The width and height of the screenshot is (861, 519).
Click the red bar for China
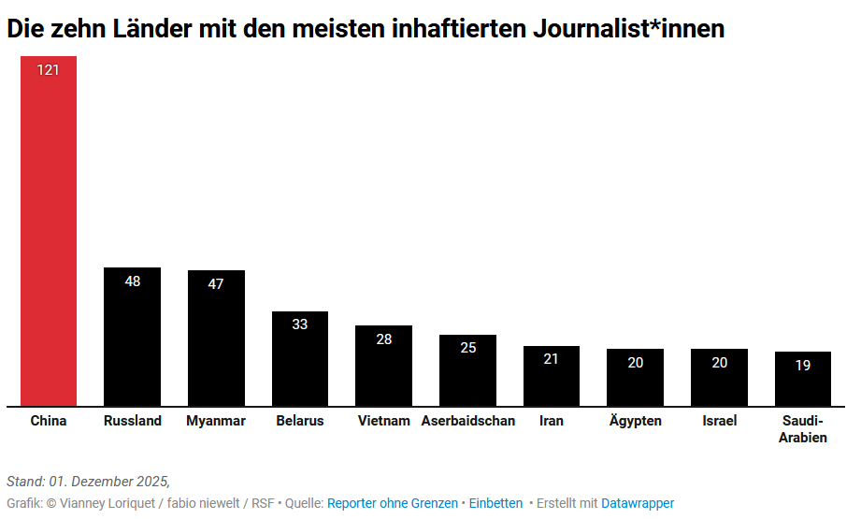pos(49,234)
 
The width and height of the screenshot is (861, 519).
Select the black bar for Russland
pos(132,341)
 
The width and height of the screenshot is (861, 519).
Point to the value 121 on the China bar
pos(49,70)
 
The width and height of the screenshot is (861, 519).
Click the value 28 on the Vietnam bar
pos(383,339)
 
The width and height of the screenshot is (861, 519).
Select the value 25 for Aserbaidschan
pos(467,348)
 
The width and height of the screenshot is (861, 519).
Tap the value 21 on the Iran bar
pos(552,359)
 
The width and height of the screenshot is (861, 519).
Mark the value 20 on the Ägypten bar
pos(635,363)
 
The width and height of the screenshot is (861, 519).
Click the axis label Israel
pos(719,421)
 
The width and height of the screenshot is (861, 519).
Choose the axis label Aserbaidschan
pos(467,421)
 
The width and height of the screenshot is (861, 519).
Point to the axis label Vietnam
pos(383,421)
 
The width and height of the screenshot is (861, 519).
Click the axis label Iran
pos(552,421)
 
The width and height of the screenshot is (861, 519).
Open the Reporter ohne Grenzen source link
pos(392,503)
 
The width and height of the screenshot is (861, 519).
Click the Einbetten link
pos(495,503)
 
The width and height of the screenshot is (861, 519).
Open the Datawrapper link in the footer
pos(637,503)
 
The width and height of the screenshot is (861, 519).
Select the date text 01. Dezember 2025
pos(108,482)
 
